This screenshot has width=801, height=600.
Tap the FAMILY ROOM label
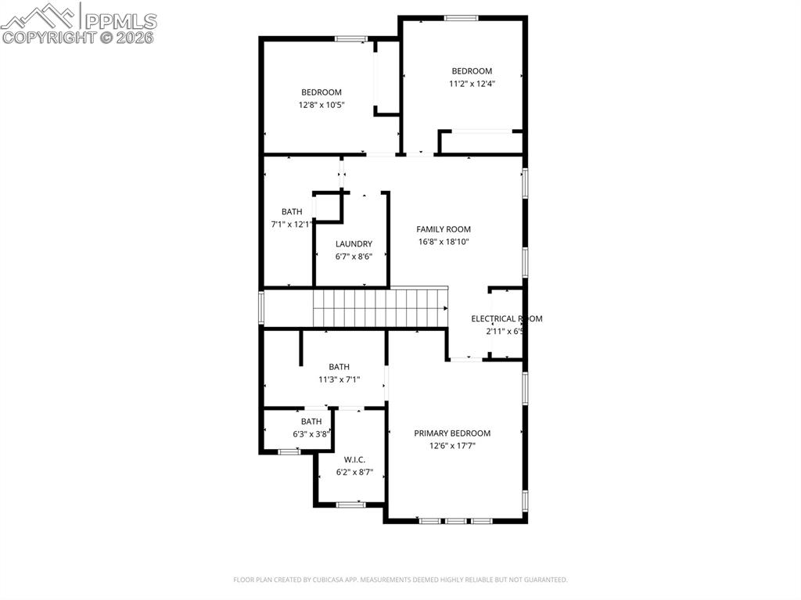(x=444, y=229)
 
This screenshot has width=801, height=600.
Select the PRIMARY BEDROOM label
(x=452, y=433)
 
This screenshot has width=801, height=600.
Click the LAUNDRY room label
(x=354, y=244)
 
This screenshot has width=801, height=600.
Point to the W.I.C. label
(x=354, y=460)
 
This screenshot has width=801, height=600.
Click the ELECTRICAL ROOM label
(x=506, y=318)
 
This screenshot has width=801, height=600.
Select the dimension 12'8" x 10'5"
(x=321, y=105)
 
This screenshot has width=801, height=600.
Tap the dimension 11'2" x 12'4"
(x=472, y=84)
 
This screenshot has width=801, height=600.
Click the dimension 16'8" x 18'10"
(x=444, y=242)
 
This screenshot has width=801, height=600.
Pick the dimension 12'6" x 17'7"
(x=452, y=446)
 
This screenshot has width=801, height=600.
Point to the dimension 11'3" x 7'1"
(x=339, y=379)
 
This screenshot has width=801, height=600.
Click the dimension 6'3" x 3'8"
(x=311, y=434)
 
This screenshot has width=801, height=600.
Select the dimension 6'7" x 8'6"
(x=354, y=257)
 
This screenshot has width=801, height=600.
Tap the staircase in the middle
(x=379, y=307)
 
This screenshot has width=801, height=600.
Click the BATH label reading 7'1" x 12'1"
(x=292, y=211)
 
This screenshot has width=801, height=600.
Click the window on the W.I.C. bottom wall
(x=351, y=505)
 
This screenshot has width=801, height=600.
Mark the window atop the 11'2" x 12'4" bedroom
(x=462, y=17)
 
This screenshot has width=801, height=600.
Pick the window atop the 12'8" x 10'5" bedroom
(x=351, y=38)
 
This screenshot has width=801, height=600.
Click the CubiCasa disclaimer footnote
(x=400, y=580)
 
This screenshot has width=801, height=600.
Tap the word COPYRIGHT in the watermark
(x=49, y=37)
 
